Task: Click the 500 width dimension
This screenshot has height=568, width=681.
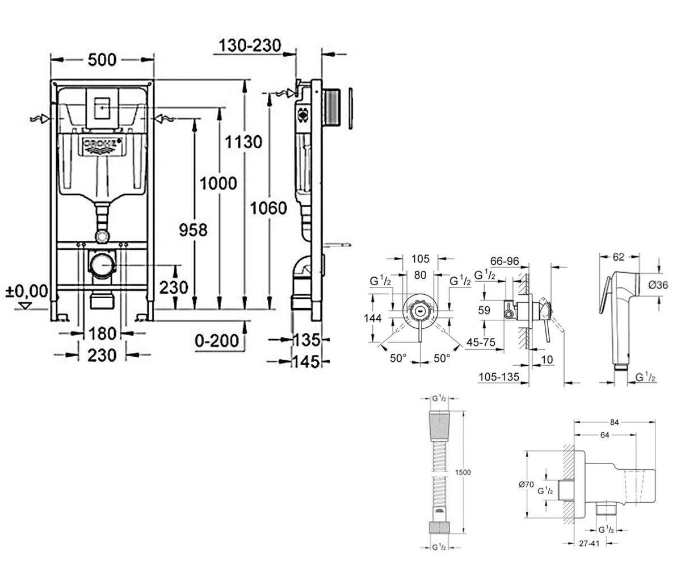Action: (x=102, y=60)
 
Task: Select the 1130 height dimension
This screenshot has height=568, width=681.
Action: (x=243, y=142)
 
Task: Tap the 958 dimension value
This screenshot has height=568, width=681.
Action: (x=193, y=230)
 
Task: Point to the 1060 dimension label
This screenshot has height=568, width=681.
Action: (x=268, y=208)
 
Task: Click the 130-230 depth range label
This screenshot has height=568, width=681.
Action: (x=250, y=45)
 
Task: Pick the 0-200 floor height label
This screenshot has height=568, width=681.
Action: (x=217, y=341)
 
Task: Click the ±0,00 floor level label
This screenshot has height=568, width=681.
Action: (x=27, y=291)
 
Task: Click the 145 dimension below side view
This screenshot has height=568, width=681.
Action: (x=306, y=362)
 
